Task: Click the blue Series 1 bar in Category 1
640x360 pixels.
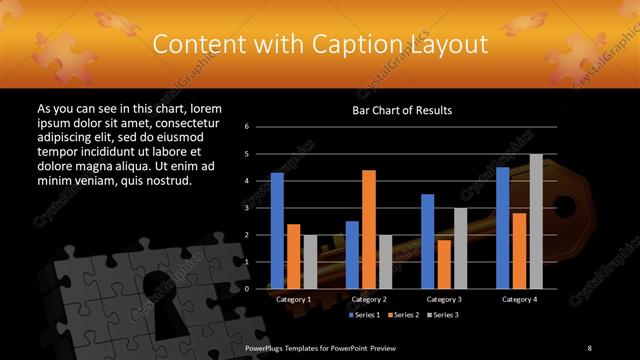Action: tap(277, 231)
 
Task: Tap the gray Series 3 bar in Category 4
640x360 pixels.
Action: tap(536, 221)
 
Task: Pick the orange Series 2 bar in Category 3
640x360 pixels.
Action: tap(443, 264)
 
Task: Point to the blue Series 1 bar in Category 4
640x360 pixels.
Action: tap(502, 228)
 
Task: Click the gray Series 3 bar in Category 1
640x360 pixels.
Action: tap(309, 262)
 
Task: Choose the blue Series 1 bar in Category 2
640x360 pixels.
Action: tap(352, 255)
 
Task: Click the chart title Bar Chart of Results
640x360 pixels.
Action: tap(402, 110)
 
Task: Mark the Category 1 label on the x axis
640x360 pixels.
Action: tap(293, 299)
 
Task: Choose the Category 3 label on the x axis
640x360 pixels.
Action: tap(443, 299)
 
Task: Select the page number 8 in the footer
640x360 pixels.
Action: tap(590, 347)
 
